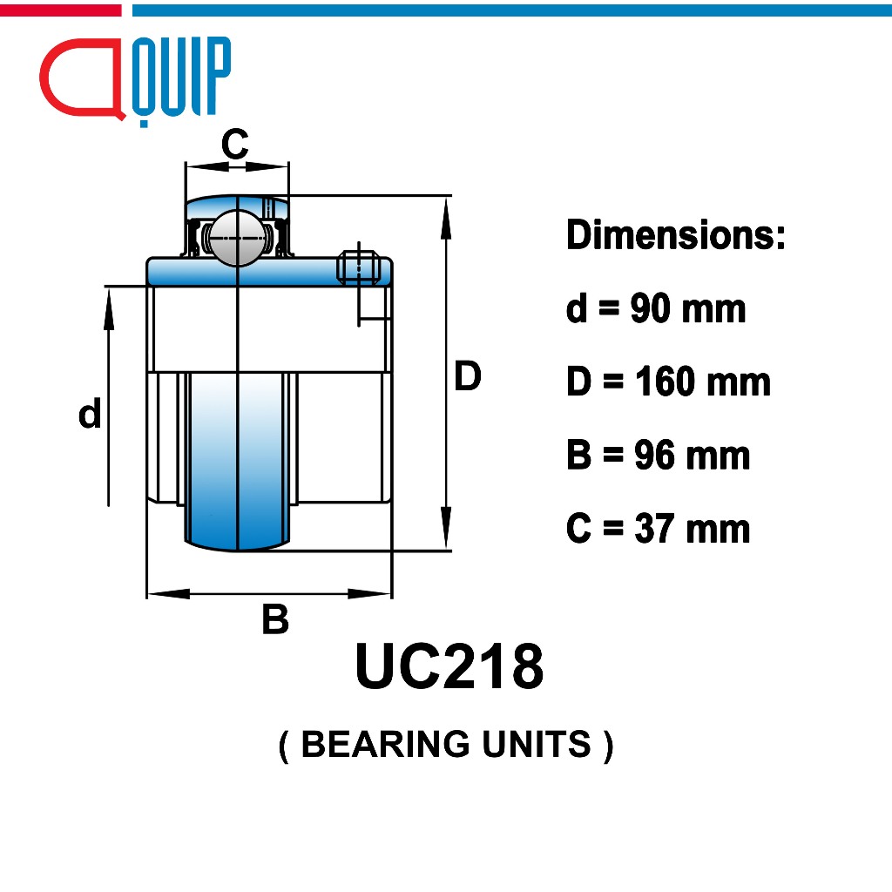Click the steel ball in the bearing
tap(237, 238)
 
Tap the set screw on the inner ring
tap(358, 267)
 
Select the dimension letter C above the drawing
tap(235, 144)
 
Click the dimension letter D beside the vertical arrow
tap(468, 375)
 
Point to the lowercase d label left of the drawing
tap(90, 413)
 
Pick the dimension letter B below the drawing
tap(275, 619)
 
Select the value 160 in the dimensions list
tap(665, 382)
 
